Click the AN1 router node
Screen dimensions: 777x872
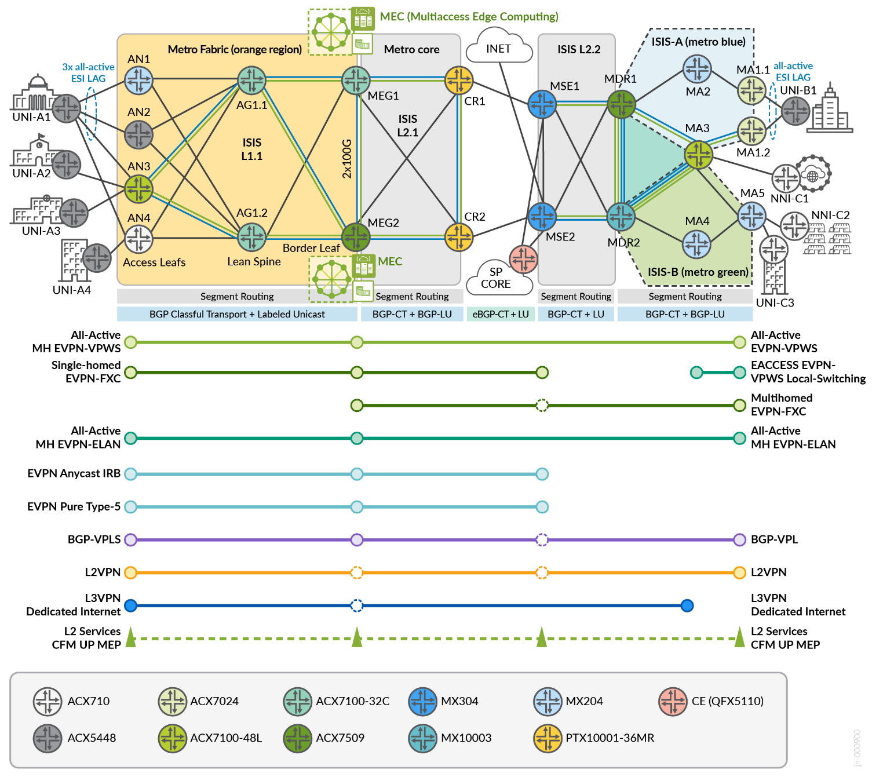pos(139,80)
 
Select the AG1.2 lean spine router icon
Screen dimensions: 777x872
pos(252,236)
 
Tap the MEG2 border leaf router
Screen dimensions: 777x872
pos(356,236)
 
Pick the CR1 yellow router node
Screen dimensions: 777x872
pos(459,80)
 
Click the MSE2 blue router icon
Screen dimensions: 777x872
pos(542,216)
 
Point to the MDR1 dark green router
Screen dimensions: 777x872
pos(621,104)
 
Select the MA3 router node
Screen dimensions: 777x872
pos(698,155)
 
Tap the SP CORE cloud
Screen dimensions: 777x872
pos(496,278)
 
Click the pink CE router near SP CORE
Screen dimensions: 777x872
pos(523,258)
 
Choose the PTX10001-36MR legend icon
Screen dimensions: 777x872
pos(548,738)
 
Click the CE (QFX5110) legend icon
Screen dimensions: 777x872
pos(673,702)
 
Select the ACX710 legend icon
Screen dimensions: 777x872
pos(48,702)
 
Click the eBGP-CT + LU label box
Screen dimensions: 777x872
pos(501,314)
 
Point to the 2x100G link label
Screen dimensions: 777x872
pos(346,158)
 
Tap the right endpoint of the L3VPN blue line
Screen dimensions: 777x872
pos(687,606)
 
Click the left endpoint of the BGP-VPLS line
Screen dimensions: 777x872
pos(131,540)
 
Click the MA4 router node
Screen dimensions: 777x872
pos(696,244)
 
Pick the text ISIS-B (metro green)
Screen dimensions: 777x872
pos(698,272)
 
